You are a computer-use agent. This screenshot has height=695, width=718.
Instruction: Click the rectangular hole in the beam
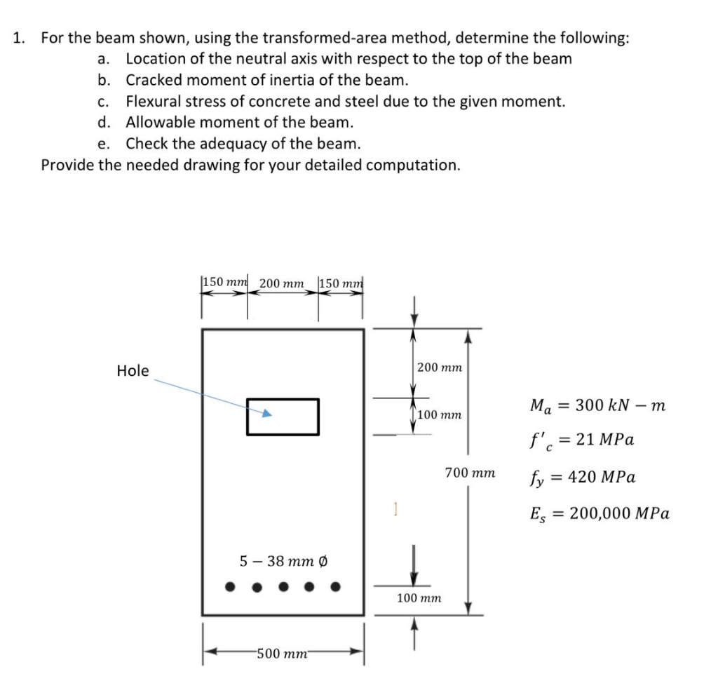[x=283, y=416]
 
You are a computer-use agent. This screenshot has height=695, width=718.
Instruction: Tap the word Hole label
[x=133, y=371]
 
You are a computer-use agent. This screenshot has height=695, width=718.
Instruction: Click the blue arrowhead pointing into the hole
[x=266, y=414]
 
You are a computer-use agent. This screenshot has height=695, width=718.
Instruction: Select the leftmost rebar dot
[x=230, y=586]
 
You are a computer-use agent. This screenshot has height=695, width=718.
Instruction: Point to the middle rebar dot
[x=283, y=586]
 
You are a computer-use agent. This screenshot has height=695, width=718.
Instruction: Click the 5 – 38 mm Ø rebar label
[x=285, y=561]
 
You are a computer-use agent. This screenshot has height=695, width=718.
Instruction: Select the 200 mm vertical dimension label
[x=440, y=367]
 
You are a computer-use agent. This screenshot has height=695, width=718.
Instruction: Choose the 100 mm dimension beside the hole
[x=440, y=414]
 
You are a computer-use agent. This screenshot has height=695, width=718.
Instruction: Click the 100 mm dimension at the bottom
[x=419, y=598]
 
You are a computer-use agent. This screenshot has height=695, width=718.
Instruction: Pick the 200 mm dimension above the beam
[x=282, y=284]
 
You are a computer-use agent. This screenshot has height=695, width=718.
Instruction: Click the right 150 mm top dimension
[x=341, y=283]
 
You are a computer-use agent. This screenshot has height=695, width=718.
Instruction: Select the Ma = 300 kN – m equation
[x=597, y=405]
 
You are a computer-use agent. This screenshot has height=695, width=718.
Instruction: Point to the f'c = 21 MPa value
[x=582, y=441]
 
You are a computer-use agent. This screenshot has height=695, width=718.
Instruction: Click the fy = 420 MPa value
[x=582, y=478]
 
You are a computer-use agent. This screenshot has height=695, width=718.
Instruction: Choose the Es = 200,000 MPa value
[x=599, y=513]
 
